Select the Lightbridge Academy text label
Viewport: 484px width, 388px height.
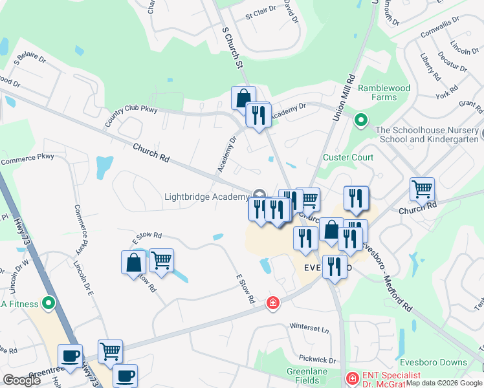point(206,197)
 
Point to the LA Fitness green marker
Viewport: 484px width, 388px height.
point(48,303)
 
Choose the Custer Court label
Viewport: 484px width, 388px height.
point(349,157)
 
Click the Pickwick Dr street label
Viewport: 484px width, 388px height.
point(318,360)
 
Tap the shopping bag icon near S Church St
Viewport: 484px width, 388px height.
point(243,98)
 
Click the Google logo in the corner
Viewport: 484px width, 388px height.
point(21,380)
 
